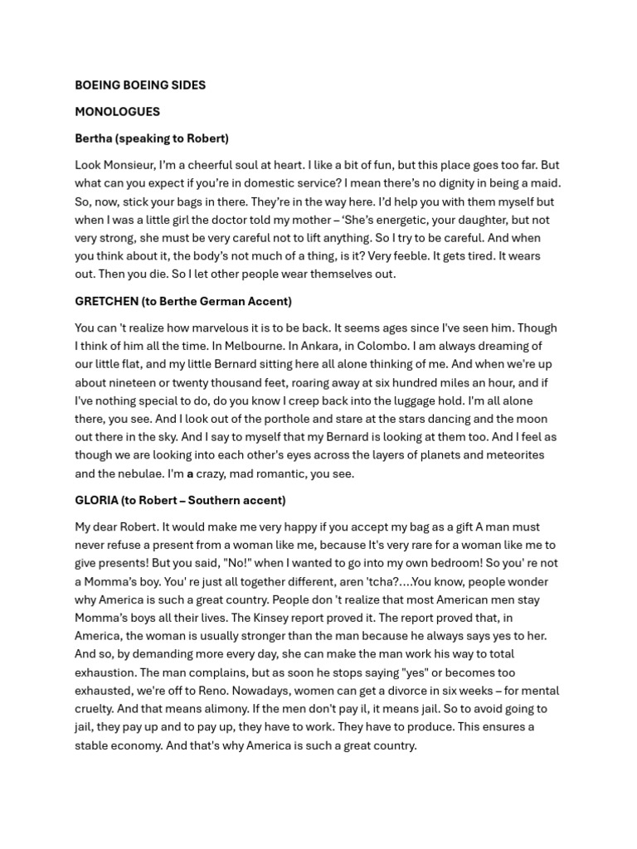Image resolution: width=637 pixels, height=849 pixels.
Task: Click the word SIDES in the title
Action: [187, 85]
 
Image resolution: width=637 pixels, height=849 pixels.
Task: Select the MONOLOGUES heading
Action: [117, 112]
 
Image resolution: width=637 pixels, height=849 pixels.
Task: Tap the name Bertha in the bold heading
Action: [93, 138]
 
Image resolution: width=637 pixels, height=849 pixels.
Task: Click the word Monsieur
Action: [132, 165]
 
